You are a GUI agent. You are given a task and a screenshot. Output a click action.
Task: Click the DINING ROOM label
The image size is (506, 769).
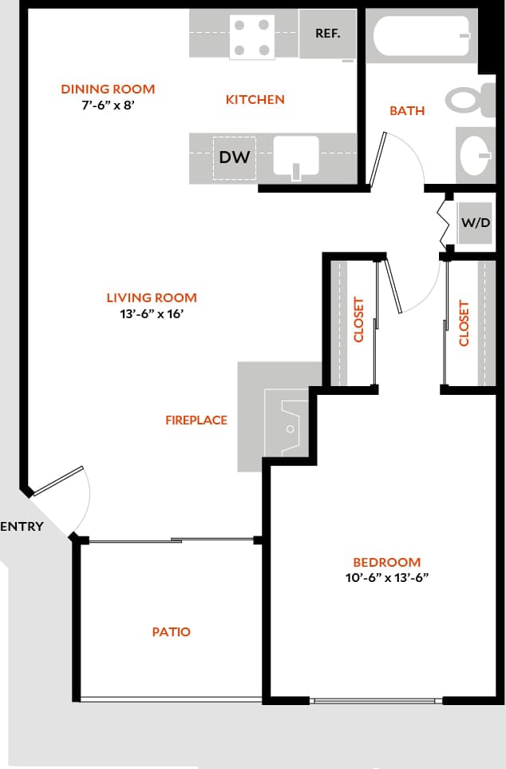point(108,89)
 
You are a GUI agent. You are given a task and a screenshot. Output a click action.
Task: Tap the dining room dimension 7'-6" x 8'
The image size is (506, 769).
point(108,104)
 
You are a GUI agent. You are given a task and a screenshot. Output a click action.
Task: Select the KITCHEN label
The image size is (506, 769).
point(255,100)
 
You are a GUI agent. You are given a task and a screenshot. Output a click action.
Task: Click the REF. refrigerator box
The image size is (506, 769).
point(327,34)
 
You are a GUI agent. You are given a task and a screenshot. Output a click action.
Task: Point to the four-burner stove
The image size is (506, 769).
point(251,37)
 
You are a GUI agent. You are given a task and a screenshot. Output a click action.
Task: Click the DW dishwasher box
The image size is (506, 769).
point(235,157)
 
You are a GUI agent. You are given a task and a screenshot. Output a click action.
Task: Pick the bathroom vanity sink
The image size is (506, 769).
point(476,153)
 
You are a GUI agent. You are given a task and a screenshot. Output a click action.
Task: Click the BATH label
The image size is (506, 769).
point(407,111)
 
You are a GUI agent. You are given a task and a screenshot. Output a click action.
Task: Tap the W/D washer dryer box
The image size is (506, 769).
point(476,222)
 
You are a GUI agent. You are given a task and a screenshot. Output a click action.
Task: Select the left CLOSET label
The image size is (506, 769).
point(359,320)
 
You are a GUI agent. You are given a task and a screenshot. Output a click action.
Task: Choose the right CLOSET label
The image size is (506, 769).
point(464,322)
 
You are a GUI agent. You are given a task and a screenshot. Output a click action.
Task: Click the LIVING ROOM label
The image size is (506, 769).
point(152,298)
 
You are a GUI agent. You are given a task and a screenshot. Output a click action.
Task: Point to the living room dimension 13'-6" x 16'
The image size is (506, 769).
point(152,314)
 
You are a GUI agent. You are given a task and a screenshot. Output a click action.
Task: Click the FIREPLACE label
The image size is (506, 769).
point(196,420)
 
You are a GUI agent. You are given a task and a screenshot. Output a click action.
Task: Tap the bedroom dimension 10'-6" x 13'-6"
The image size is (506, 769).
point(386,578)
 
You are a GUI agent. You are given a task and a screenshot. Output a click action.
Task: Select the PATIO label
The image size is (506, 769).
point(172,632)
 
